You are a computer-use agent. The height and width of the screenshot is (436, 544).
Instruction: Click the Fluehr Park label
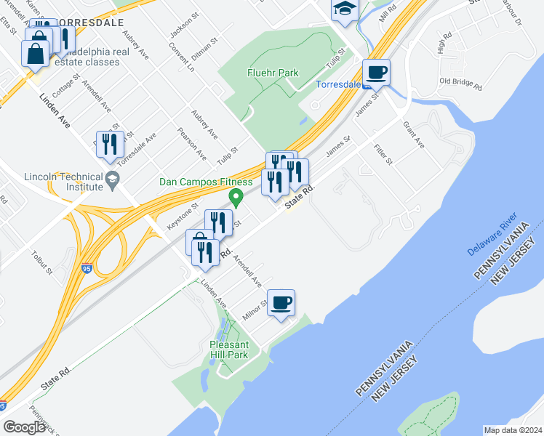(x=273, y=73)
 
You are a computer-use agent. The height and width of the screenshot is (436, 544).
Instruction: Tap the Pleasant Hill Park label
(x=228, y=350)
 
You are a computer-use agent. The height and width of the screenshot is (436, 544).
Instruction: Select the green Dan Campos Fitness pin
(x=236, y=196)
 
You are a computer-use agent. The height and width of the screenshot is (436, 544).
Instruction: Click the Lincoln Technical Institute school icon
(x=112, y=178)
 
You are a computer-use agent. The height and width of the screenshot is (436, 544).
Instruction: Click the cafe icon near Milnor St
(x=281, y=303)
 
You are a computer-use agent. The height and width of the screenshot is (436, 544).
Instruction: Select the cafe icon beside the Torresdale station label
(x=376, y=72)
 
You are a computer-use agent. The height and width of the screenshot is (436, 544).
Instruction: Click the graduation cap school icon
(x=345, y=10)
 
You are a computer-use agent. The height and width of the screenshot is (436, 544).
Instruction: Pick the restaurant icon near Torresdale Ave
(x=110, y=143)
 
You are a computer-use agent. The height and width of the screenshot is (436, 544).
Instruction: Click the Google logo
(x=24, y=427)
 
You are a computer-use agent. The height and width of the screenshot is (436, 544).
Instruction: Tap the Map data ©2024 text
(x=512, y=430)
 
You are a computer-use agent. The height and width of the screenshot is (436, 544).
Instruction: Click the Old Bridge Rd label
(x=461, y=83)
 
